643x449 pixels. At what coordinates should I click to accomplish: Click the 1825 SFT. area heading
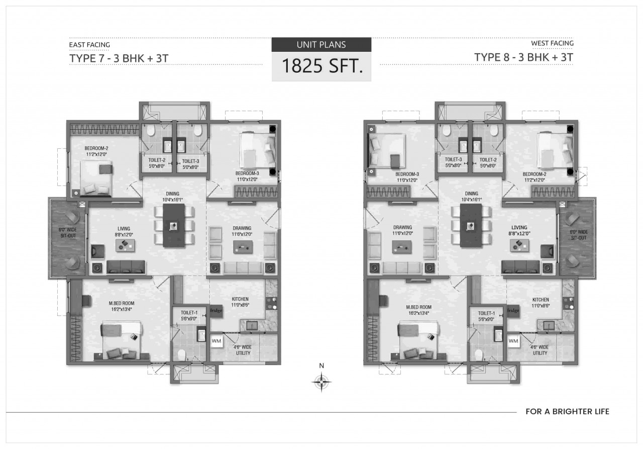[322, 66]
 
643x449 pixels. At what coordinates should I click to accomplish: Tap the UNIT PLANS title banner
[321, 45]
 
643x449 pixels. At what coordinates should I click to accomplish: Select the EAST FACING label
[89, 45]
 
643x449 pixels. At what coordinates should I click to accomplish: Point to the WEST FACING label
[552, 43]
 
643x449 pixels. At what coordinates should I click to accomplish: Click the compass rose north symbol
[321, 382]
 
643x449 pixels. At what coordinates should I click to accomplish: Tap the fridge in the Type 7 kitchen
[216, 311]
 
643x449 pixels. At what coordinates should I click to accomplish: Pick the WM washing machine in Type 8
[513, 341]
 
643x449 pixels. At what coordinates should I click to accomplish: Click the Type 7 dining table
[174, 225]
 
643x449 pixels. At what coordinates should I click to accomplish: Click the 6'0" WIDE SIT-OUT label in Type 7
[68, 233]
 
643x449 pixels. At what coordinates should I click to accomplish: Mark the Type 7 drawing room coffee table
[243, 247]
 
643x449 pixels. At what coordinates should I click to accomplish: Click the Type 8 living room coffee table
[519, 245]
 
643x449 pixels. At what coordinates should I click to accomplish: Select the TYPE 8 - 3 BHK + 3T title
[523, 57]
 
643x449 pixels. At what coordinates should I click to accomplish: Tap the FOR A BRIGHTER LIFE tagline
[567, 412]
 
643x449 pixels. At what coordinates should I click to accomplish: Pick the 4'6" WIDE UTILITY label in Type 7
[243, 350]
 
